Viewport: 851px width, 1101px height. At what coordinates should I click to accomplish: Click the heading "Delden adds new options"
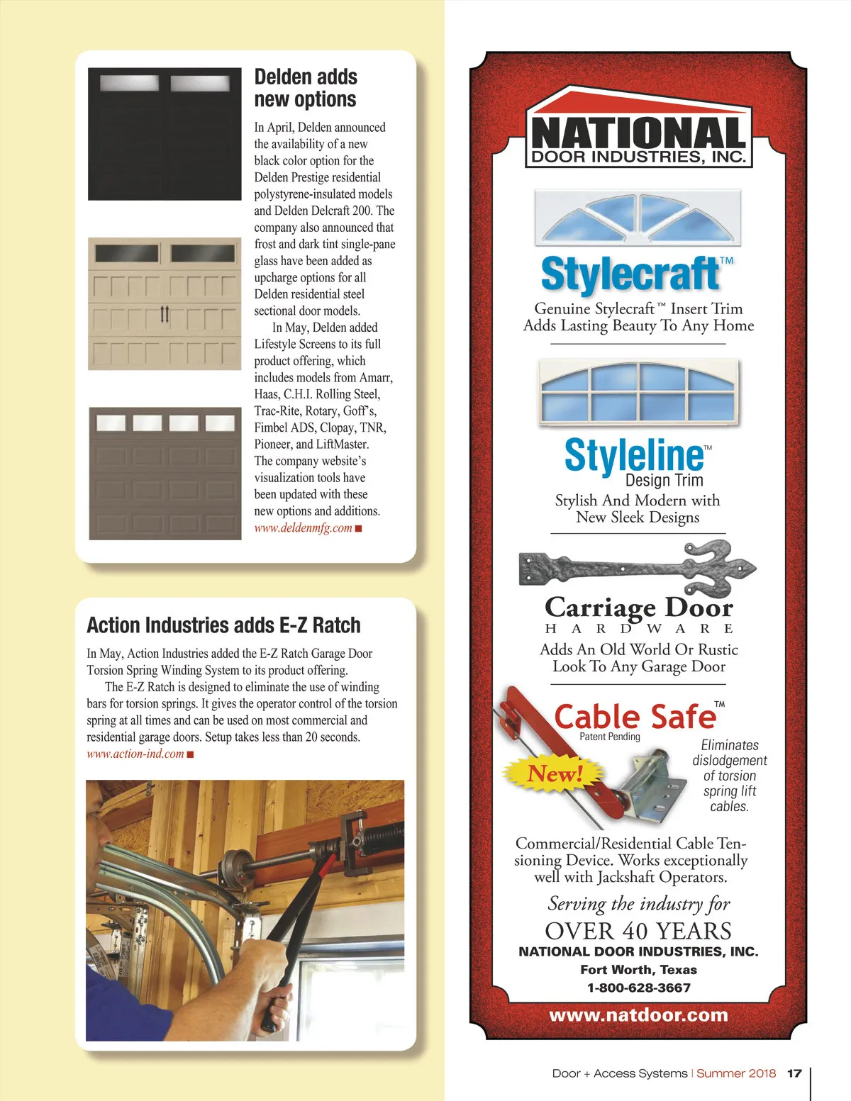pyautogui.click(x=305, y=88)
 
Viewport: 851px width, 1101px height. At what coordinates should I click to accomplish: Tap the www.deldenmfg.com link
pyautogui.click(x=304, y=528)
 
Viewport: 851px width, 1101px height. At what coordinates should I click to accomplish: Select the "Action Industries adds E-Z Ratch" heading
pyautogui.click(x=223, y=625)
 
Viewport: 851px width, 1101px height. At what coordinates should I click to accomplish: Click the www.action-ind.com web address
pyautogui.click(x=135, y=754)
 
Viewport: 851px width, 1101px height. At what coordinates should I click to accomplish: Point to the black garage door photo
pyautogui.click(x=165, y=134)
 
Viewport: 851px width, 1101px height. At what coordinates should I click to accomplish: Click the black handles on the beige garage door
pyautogui.click(x=165, y=313)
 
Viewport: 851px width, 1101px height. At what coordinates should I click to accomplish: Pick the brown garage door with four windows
pyautogui.click(x=165, y=473)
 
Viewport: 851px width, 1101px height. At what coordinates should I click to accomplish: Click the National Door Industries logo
pyautogui.click(x=638, y=128)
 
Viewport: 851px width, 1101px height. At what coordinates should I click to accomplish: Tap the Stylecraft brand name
pyautogui.click(x=630, y=274)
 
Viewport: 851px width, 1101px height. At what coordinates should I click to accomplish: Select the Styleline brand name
pyautogui.click(x=633, y=455)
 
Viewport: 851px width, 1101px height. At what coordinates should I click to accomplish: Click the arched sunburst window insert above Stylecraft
pyautogui.click(x=638, y=216)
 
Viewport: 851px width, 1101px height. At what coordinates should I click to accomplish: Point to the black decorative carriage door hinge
pyautogui.click(x=636, y=567)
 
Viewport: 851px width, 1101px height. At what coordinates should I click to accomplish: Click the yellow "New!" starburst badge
pyautogui.click(x=555, y=773)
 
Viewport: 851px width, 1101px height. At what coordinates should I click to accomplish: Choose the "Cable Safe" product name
pyautogui.click(x=635, y=717)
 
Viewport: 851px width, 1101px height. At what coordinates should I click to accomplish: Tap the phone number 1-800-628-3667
pyautogui.click(x=638, y=988)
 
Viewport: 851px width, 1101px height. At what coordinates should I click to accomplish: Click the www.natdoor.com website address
pyautogui.click(x=638, y=1015)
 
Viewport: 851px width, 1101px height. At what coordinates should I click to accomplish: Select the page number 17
pyautogui.click(x=794, y=1073)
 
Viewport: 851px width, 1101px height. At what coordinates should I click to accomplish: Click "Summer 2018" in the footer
pyautogui.click(x=736, y=1073)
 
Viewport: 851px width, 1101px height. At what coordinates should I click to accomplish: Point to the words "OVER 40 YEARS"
pyautogui.click(x=638, y=931)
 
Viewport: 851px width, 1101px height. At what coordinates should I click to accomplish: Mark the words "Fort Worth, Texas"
pyautogui.click(x=638, y=970)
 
